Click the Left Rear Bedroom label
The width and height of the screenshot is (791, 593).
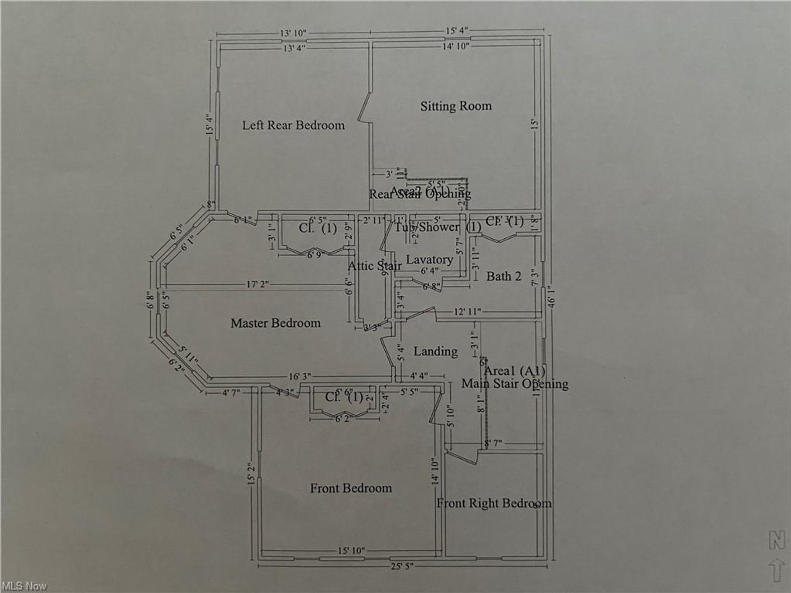click(293, 125)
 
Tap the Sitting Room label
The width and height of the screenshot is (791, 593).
click(456, 106)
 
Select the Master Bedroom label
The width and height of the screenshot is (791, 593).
click(276, 323)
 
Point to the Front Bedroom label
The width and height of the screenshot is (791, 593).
click(351, 489)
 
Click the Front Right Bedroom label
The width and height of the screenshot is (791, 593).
click(494, 503)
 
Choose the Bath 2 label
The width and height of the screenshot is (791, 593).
click(503, 276)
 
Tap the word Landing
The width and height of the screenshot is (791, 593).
click(435, 351)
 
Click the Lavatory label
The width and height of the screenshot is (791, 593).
click(429, 260)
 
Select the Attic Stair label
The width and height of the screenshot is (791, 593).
click(374, 266)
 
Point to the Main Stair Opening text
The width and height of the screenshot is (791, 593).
click(514, 384)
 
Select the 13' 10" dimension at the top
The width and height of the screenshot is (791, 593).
click(293, 33)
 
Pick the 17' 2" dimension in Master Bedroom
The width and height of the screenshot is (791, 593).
click(257, 285)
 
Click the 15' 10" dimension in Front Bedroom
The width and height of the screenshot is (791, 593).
click(351, 551)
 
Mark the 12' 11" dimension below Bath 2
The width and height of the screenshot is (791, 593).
click(467, 312)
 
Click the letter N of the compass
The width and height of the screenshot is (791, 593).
click(776, 540)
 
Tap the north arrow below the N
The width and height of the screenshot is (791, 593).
click(777, 569)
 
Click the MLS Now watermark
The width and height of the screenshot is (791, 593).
click(24, 586)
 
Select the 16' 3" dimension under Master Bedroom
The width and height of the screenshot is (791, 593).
click(300, 376)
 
